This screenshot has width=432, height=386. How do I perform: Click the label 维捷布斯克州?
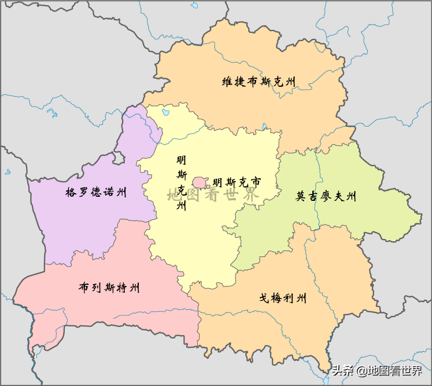tap(259, 82)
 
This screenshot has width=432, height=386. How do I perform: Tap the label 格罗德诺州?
tap(96, 192)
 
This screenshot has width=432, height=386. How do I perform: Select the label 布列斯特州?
tap(109, 288)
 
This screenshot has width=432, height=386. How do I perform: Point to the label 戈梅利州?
tap(282, 299)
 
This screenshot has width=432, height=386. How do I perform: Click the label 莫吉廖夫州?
tap(326, 197)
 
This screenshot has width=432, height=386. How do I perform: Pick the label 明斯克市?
tap(237, 182)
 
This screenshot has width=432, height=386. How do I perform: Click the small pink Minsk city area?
tap(201, 182)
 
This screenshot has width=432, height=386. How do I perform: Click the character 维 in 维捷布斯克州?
tap(228, 82)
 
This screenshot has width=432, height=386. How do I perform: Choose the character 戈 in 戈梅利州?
tap(264, 299)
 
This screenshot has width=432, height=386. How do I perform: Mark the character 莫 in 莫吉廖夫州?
tap(301, 197)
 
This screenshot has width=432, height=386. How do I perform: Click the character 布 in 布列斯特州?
tap(84, 288)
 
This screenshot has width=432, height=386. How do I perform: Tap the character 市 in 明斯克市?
tap(255, 182)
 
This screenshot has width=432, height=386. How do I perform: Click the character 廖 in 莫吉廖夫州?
tap(326, 197)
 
